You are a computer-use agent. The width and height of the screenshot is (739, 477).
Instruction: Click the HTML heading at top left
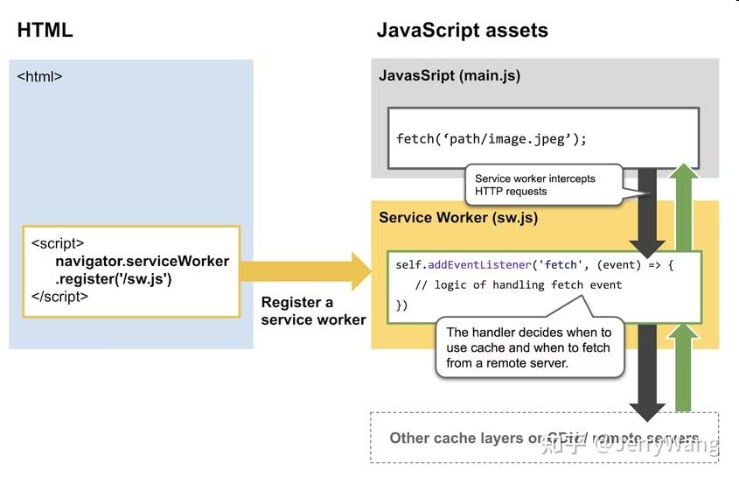45,30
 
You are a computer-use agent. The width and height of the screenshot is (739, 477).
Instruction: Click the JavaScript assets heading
462,30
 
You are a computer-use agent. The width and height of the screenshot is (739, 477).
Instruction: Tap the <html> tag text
40,76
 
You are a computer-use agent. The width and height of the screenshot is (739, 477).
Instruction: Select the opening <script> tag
58,244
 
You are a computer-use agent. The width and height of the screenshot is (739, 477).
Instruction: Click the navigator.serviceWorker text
142,261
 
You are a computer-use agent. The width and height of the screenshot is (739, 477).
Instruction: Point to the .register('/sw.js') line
114,279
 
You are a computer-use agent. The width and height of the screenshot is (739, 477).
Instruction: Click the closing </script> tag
59,297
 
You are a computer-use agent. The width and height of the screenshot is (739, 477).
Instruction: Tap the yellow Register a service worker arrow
306,271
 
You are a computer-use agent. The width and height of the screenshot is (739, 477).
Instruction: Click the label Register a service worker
312,311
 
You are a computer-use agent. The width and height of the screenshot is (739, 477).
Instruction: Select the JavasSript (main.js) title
450,75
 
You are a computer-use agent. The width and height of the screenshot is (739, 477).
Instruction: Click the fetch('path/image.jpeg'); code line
492,138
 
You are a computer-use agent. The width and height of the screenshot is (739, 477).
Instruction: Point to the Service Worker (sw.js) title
457,217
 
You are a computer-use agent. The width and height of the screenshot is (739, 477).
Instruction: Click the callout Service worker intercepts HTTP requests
535,185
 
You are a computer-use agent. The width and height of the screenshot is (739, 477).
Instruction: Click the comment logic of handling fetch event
518,284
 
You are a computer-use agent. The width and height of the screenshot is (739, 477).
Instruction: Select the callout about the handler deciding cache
528,347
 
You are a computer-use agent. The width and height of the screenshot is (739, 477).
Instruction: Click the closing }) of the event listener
402,305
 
